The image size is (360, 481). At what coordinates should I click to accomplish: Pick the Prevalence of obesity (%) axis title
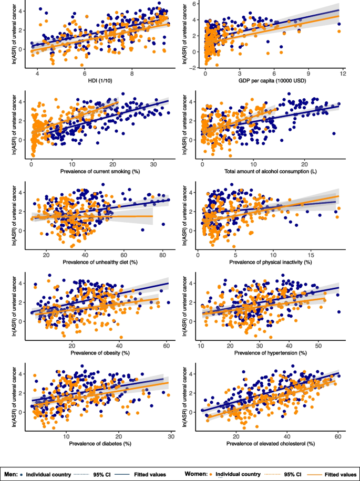(x=96, y=352)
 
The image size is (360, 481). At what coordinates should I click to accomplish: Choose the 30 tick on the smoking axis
(x=153, y=163)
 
